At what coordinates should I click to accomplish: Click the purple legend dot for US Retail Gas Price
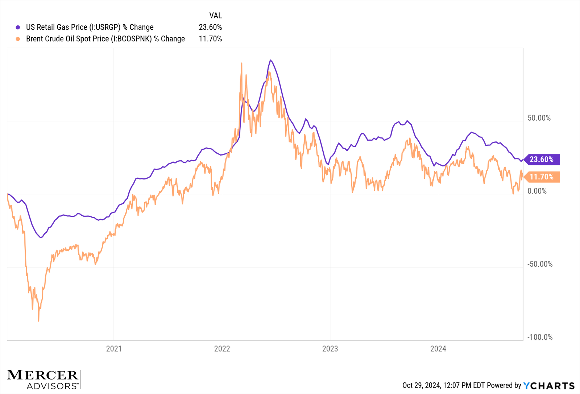tap(18, 27)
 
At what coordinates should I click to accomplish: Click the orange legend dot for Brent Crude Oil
tap(18, 39)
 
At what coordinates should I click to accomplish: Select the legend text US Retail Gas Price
tap(90, 27)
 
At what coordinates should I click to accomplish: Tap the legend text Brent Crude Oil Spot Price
tap(105, 39)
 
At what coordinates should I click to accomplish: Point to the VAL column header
tap(215, 16)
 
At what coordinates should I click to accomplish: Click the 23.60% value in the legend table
tap(210, 27)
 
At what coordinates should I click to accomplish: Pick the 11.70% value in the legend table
tap(210, 39)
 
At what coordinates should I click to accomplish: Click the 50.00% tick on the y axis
tap(539, 118)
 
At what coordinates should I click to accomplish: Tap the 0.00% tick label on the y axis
tap(537, 191)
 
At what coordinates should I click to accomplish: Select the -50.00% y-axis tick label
tap(540, 264)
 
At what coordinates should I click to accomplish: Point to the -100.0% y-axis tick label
tap(540, 337)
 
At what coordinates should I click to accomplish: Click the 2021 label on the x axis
tap(114, 349)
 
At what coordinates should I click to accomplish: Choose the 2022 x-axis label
tap(222, 349)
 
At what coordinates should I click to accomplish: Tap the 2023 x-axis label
tap(330, 349)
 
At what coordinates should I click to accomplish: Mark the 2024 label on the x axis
tap(438, 349)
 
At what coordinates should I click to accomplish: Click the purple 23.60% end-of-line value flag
tap(541, 159)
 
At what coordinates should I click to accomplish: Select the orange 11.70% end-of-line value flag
tap(541, 177)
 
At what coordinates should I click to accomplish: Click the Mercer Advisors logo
tap(43, 379)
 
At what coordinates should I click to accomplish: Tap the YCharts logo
tap(549, 385)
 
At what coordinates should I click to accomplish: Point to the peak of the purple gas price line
tap(270, 60)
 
